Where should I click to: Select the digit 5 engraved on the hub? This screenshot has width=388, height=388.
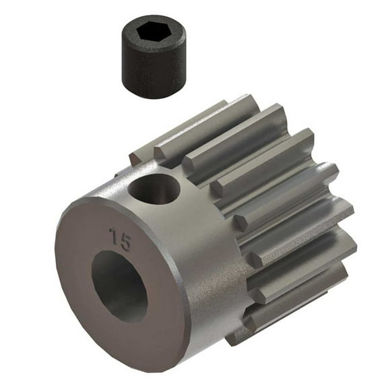(125, 241)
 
